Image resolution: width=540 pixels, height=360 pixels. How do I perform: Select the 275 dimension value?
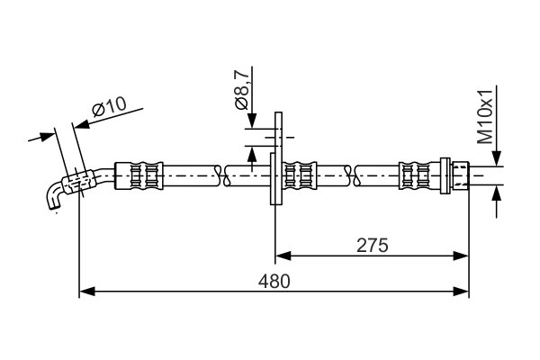372,245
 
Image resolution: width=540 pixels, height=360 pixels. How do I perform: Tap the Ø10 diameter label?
108,108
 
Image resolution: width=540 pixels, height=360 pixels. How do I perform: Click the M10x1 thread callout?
485,117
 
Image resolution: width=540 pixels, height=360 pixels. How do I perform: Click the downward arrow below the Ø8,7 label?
254,122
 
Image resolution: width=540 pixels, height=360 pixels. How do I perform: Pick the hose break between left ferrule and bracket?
222,173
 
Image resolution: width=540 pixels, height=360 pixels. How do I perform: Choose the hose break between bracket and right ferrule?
352,173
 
